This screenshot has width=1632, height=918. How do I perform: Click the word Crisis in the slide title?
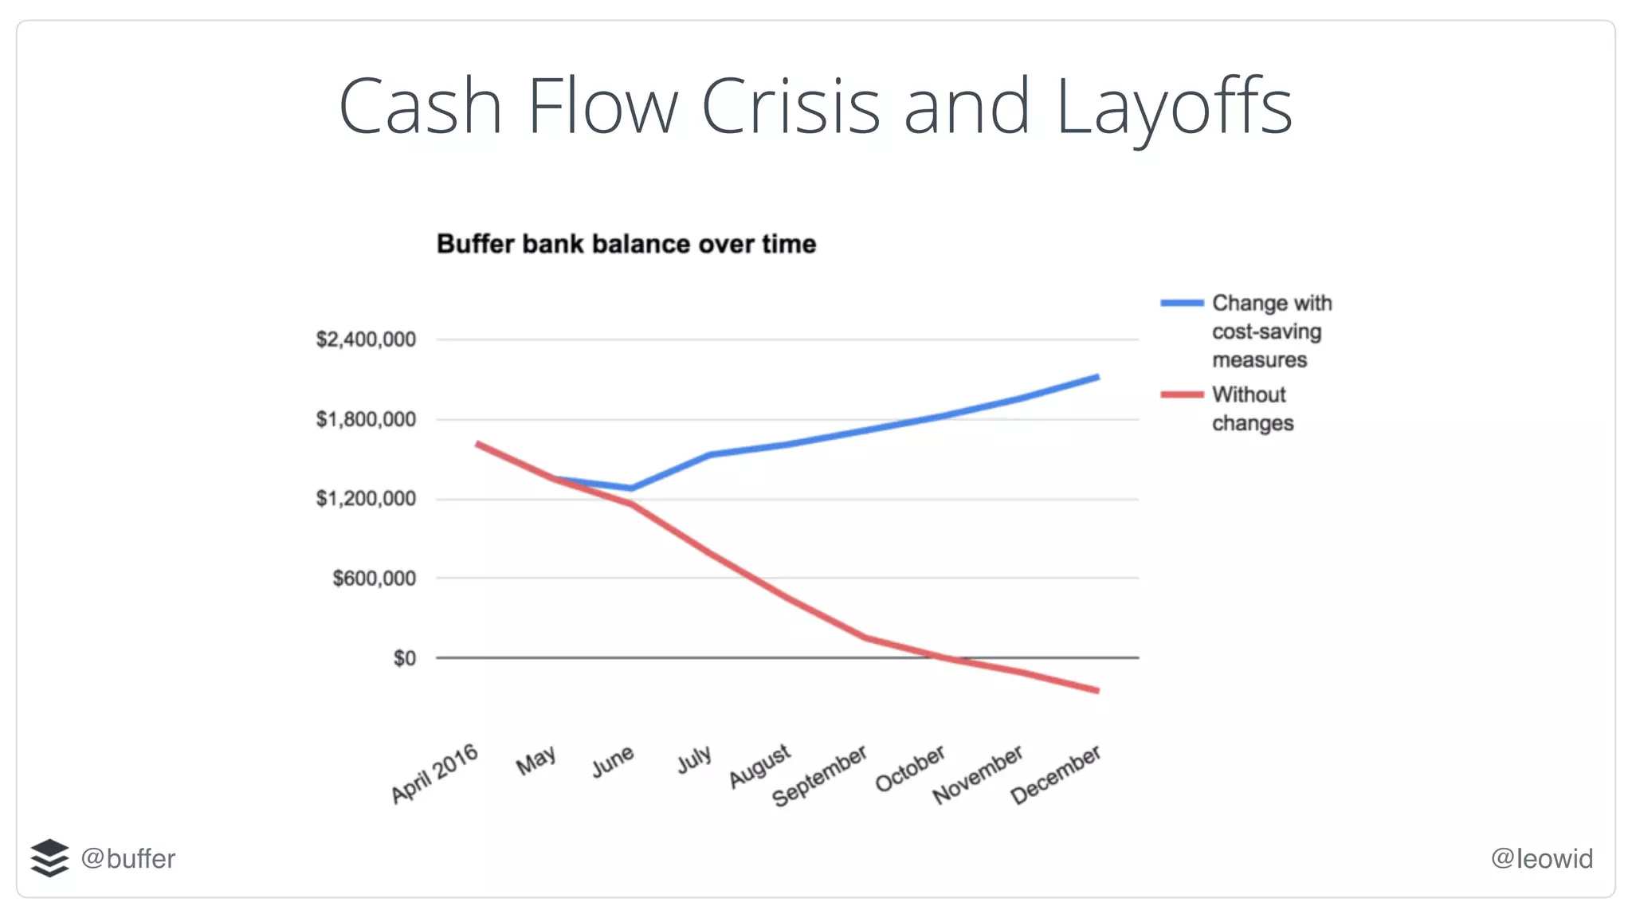coord(790,106)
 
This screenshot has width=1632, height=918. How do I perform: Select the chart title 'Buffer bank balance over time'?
coord(626,244)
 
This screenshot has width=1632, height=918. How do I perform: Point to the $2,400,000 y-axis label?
coord(366,339)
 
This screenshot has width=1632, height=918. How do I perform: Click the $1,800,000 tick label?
coord(366,419)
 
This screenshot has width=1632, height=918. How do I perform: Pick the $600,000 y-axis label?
coord(374,579)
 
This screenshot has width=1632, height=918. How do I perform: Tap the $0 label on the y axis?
coord(404,658)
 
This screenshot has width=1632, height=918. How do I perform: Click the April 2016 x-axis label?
coord(434,774)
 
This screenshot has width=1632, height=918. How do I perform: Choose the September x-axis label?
coord(819,776)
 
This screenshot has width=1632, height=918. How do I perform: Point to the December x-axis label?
coord(1056,775)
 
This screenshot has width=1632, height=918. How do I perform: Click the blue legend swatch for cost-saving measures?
coord(1182,303)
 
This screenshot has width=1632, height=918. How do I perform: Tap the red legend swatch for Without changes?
coord(1182,394)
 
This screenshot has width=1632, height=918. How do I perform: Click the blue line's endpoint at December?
coord(1098,377)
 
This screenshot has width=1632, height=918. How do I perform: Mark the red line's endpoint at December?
coord(1098,691)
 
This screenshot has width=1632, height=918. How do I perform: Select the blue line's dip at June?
coord(632,488)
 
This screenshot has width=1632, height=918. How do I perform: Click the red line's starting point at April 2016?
coord(477,443)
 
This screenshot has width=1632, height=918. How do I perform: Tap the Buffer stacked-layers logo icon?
coord(49,858)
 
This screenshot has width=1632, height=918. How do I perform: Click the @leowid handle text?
coord(1542,858)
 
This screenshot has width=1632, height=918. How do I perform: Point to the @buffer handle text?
coord(128,858)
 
